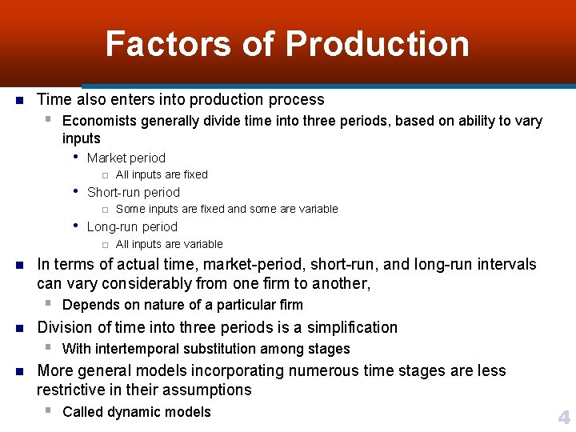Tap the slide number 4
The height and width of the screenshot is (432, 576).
point(564,418)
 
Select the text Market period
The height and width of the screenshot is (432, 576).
point(126,158)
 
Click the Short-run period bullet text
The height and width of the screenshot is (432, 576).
point(134,193)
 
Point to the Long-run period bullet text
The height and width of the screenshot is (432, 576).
point(132,227)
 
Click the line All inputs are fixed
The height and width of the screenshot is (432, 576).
point(162,175)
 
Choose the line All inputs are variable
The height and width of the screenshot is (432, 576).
point(170,245)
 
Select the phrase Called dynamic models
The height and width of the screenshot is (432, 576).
point(137,412)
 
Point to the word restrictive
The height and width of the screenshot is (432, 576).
point(74,390)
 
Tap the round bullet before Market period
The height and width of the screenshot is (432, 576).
point(75,158)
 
